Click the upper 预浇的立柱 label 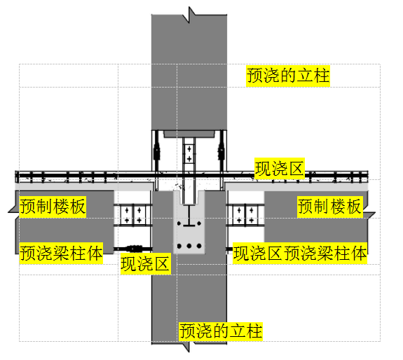(x=288, y=76)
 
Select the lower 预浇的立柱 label (x=221, y=331)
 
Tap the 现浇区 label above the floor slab (x=280, y=169)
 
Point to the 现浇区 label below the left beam (x=146, y=264)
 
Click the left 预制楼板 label (x=53, y=207)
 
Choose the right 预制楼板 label (x=330, y=207)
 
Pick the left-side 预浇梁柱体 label (x=61, y=253)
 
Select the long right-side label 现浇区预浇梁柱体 (x=300, y=253)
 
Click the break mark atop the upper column (x=189, y=15)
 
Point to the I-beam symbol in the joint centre (x=189, y=216)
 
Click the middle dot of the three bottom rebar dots (x=189, y=246)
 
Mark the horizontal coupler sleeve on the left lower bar (x=133, y=249)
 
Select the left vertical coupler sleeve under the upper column (x=156, y=152)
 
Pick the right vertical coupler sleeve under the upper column (x=221, y=152)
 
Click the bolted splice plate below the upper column (x=189, y=153)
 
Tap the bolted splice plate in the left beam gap (x=133, y=214)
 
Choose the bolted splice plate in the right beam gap (x=245, y=214)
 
